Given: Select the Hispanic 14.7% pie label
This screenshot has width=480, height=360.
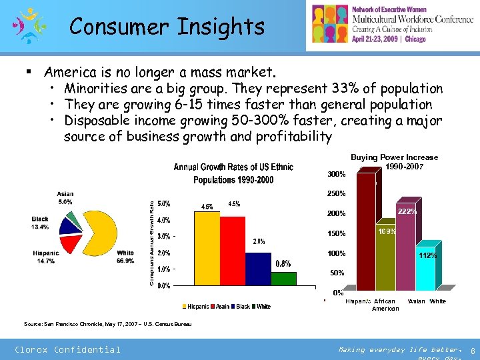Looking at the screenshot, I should pyautogui.click(x=45, y=257).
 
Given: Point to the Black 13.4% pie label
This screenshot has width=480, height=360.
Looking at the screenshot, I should pyautogui.click(x=40, y=223).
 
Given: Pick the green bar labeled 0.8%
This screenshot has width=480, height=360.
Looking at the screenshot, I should pyautogui.click(x=283, y=279).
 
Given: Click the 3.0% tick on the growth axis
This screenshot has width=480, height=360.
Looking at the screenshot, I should pyautogui.click(x=163, y=236).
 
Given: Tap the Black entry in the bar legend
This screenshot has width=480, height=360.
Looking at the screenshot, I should pyautogui.click(x=243, y=306).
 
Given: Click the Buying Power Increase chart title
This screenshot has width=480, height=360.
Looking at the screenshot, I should pyautogui.click(x=394, y=161).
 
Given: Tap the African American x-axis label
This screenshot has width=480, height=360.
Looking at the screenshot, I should pyautogui.click(x=385, y=305).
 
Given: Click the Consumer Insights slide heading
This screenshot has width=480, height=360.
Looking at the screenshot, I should pyautogui.click(x=167, y=27).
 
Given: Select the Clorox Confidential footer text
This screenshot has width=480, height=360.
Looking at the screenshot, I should pyautogui.click(x=68, y=349).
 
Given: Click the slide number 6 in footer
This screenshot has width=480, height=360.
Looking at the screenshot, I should pyautogui.click(x=471, y=350).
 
